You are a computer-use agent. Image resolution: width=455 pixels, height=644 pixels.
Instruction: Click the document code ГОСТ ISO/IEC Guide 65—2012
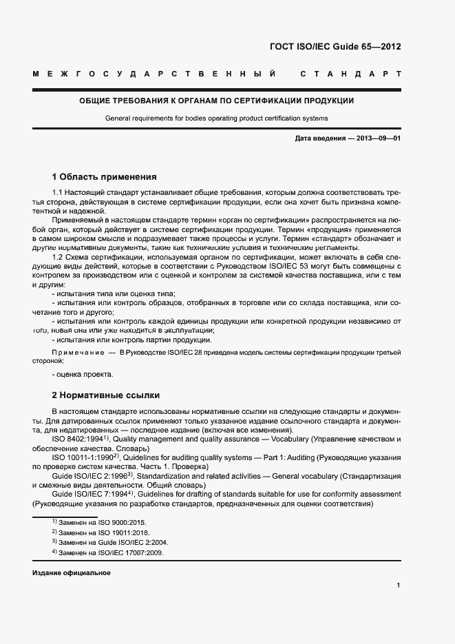click(x=336, y=47)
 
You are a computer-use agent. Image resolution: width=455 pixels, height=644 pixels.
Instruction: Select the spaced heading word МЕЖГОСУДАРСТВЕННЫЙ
click(x=154, y=73)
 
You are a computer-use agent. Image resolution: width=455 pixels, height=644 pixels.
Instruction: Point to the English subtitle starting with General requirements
click(x=217, y=118)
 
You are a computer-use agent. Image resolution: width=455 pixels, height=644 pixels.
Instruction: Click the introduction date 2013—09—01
click(x=379, y=138)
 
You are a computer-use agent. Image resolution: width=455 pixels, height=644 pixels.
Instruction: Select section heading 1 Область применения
click(x=104, y=176)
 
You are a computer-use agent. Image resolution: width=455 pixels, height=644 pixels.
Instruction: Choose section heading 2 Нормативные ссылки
click(x=105, y=395)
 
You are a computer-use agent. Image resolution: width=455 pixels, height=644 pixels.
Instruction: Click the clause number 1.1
click(x=58, y=192)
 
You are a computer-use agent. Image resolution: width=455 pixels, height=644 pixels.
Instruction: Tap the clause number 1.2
click(x=58, y=257)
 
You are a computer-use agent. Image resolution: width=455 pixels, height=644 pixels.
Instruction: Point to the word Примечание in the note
click(x=76, y=352)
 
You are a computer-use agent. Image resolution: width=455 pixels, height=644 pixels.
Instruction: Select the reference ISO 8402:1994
click(x=79, y=438)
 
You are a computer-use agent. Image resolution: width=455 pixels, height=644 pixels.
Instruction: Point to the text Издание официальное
click(x=71, y=573)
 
